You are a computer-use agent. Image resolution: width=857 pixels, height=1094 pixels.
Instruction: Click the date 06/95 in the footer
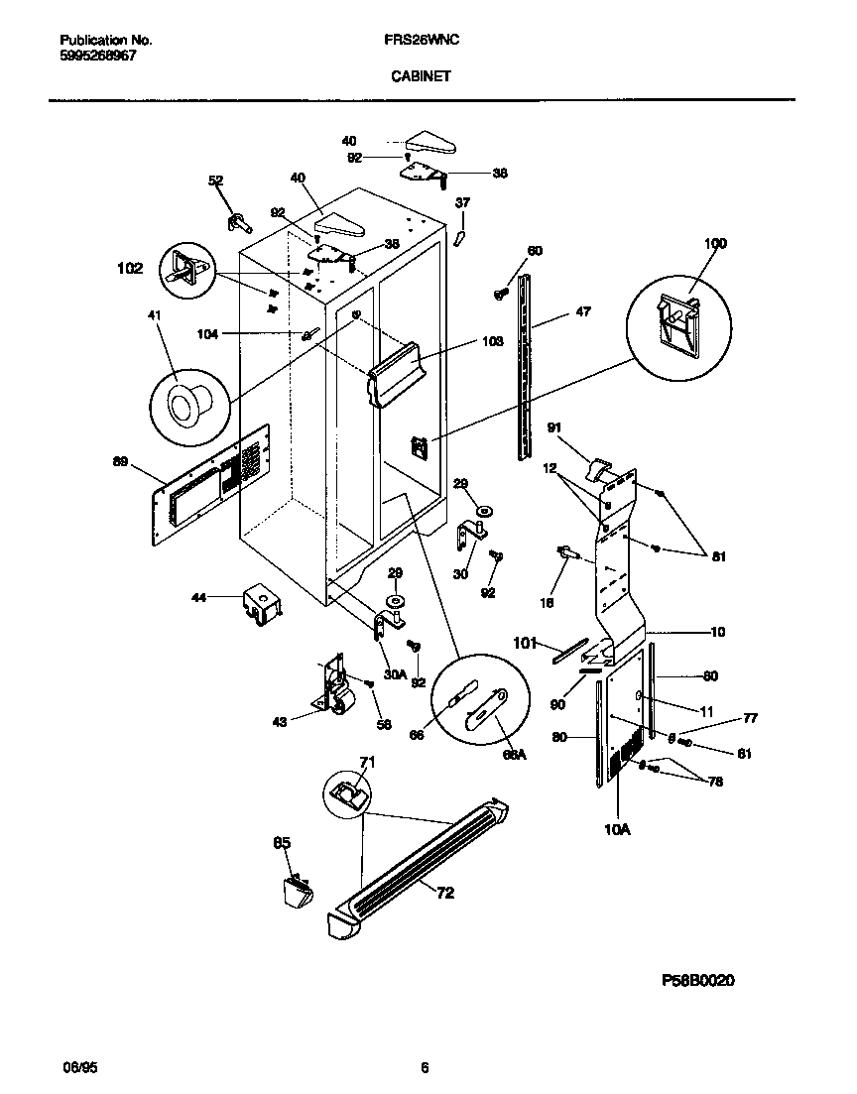77,1068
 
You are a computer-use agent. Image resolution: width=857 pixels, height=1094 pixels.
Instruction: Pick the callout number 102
130,268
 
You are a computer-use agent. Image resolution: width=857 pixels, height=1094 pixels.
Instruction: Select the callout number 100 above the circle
714,243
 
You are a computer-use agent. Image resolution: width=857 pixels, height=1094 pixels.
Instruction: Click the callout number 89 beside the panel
121,460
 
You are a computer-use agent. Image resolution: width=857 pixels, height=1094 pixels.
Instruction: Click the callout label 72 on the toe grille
445,893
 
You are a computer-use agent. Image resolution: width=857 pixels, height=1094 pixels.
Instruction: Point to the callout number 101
526,642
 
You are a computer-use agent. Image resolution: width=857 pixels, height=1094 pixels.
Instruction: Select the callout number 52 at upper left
215,181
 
